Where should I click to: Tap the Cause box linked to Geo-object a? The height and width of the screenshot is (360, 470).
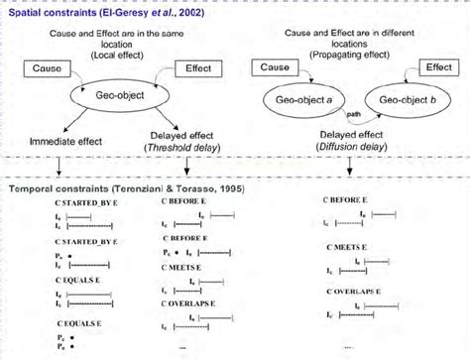[x=275, y=66]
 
